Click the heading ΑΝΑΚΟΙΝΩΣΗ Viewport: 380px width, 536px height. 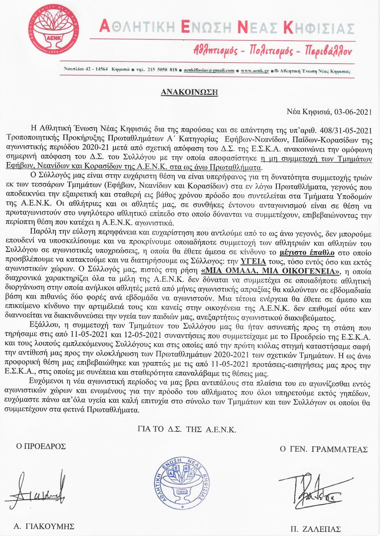[189, 92]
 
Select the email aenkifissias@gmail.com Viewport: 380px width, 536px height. [209, 71]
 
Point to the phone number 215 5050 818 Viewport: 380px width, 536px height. [162, 70]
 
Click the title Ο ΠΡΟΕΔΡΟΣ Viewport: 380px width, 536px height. [41, 446]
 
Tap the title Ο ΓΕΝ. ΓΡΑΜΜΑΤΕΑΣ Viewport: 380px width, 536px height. [323, 449]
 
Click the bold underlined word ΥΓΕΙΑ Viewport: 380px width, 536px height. [253, 262]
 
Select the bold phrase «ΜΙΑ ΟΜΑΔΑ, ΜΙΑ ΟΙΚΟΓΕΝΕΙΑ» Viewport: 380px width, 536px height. [270, 271]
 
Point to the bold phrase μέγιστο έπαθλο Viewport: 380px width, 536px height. [307, 252]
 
